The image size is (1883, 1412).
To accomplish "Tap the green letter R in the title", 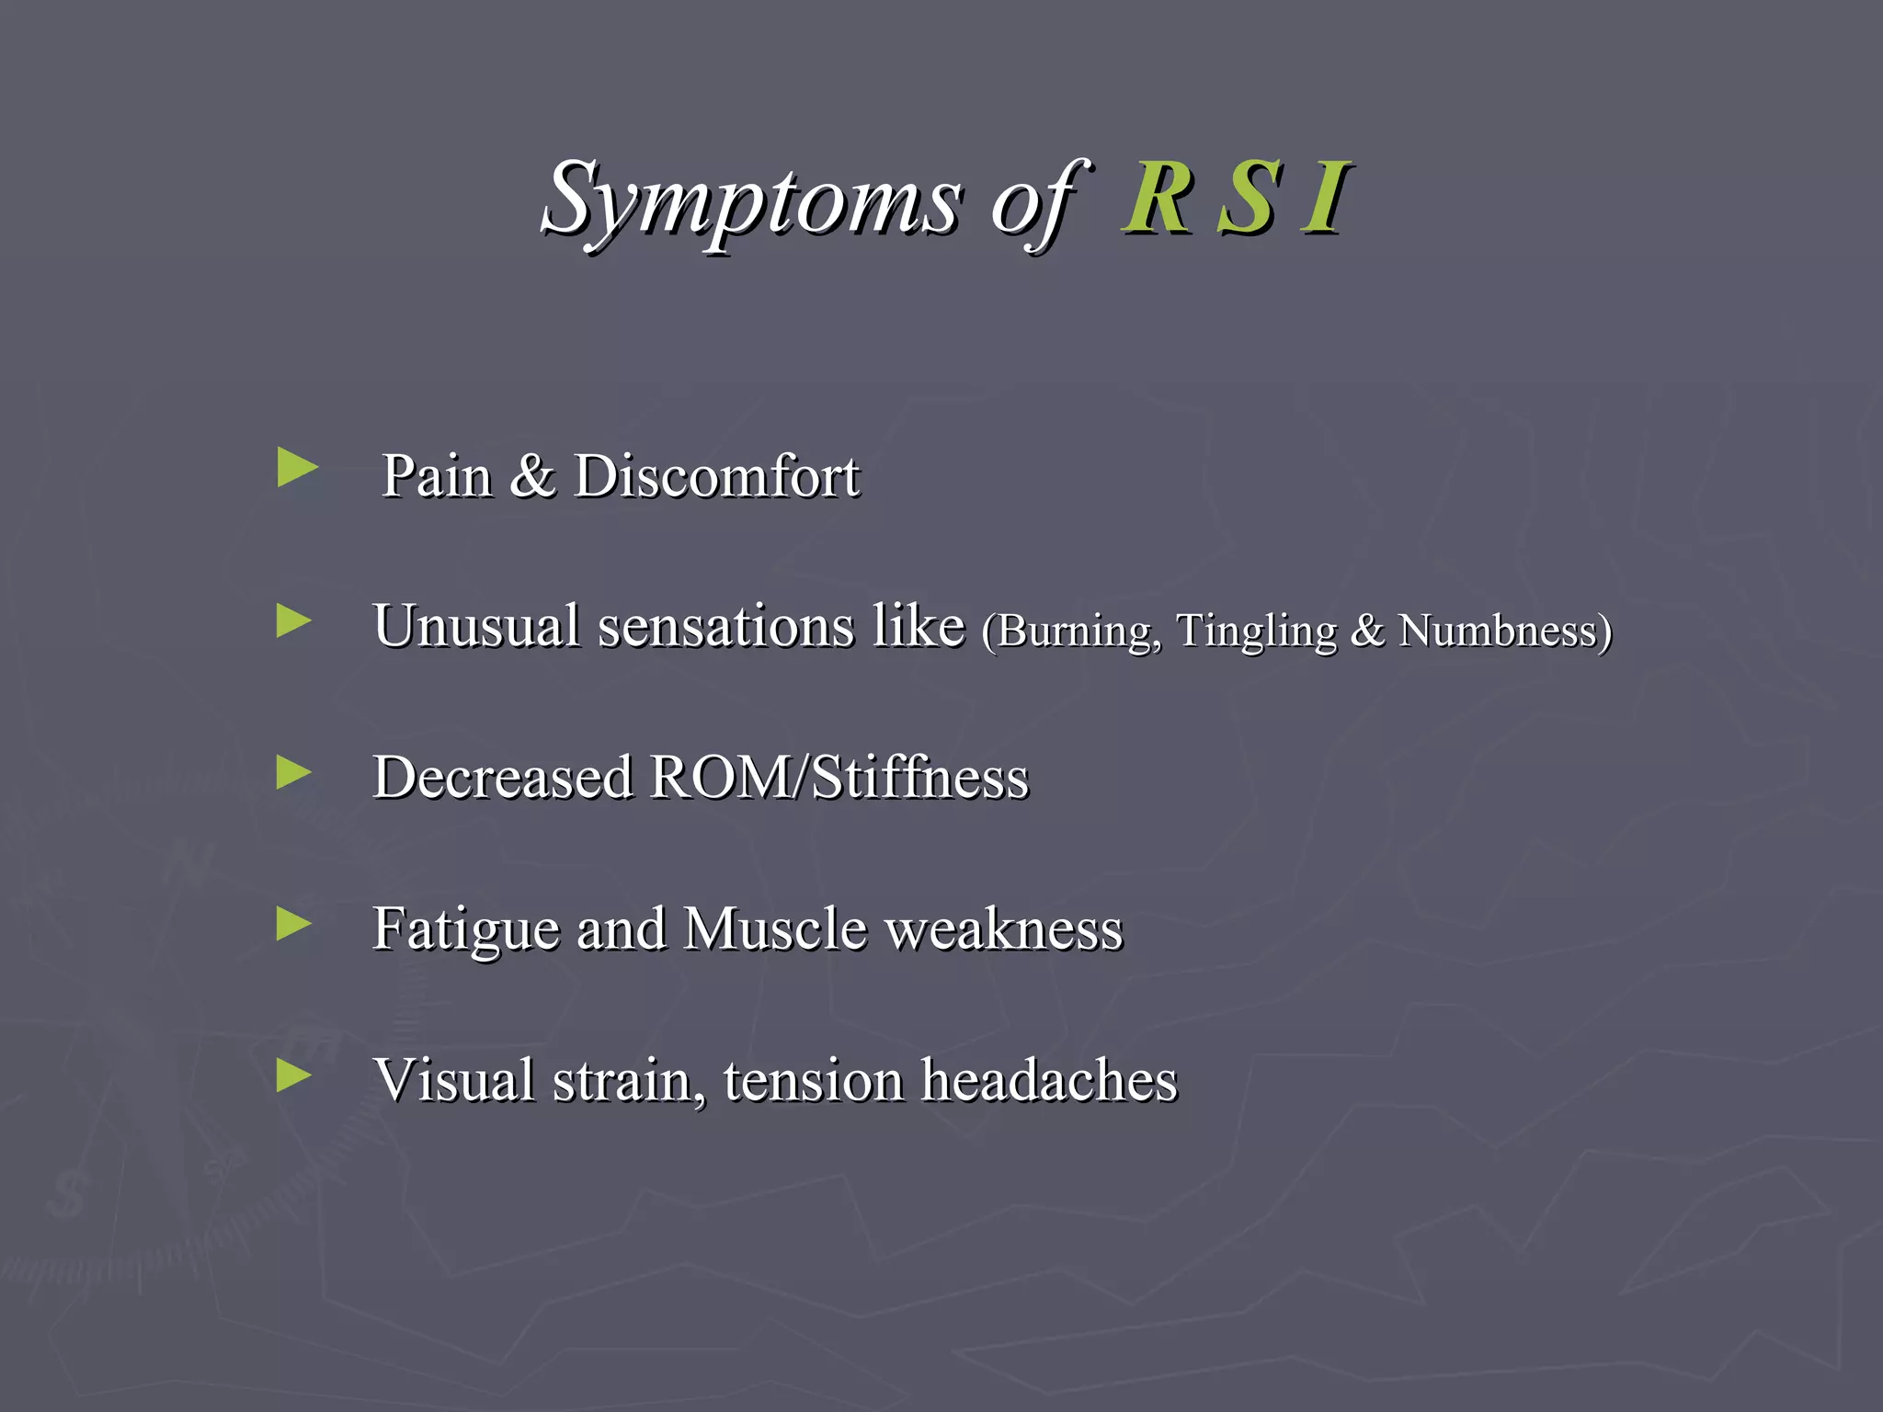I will tap(1157, 199).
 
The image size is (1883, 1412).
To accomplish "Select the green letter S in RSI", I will tap(1247, 199).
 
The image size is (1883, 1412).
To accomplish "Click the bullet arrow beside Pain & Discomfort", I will tap(297, 468).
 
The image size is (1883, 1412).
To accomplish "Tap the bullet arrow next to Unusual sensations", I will tap(294, 621).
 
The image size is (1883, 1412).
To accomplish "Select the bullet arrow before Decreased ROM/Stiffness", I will tap(294, 773).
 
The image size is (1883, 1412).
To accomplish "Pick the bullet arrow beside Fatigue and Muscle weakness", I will tap(294, 924).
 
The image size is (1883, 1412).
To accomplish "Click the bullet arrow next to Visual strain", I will tap(294, 1075).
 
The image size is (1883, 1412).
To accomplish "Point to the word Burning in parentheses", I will tap(1072, 632).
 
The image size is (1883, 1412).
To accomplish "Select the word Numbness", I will tap(1502, 632).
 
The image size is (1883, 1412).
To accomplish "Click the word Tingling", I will tap(1256, 632).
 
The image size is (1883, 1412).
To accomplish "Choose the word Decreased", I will tap(503, 778).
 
